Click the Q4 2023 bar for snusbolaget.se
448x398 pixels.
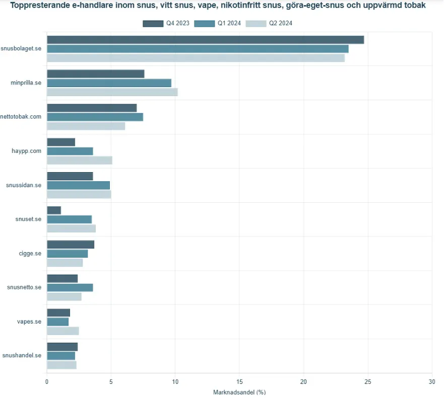tap(205, 40)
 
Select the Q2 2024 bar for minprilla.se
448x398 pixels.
tap(112, 92)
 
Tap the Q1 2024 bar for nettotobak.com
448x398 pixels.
tap(95, 117)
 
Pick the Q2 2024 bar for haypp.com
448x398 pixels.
tap(79, 160)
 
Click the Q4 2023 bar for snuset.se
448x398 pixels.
tap(54, 210)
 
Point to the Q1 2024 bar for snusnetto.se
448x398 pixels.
tap(70, 287)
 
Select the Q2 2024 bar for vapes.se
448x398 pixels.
tap(62, 331)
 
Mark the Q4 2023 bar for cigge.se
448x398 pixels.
tap(70, 245)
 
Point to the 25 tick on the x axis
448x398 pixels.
tap(368, 381)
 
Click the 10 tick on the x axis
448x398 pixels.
tap(175, 381)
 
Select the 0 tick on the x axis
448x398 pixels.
tap(47, 381)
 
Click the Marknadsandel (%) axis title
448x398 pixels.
tap(239, 392)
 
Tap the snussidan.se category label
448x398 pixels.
tap(24, 185)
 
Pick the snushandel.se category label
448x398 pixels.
tap(22, 355)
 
